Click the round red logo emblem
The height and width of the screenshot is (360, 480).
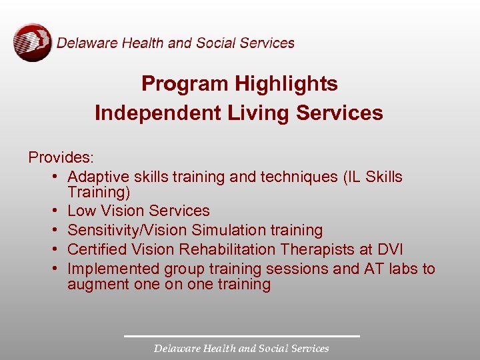(32, 43)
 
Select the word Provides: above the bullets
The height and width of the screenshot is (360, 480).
(61, 157)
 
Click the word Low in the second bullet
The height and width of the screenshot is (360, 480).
(82, 211)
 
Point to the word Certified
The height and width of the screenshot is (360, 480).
(97, 249)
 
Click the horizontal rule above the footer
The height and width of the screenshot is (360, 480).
(241, 335)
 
